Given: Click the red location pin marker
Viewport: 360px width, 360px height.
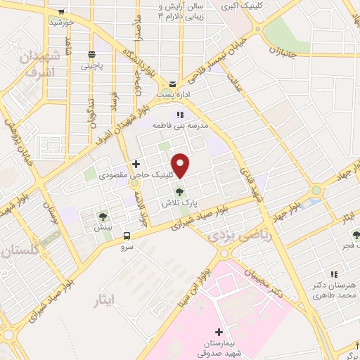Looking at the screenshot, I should pos(181,165).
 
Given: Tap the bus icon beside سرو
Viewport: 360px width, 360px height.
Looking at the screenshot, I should pos(127,236).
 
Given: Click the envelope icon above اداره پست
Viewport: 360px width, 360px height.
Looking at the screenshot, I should pos(172,84).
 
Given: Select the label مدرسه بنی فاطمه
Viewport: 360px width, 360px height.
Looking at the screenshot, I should pos(179,124).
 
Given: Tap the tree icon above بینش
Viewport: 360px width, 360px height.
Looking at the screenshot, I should pos(103,217).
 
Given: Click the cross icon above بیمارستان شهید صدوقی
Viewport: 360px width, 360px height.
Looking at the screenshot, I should pos(219,331).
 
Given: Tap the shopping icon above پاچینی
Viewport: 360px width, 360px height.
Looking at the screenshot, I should pos(91,55).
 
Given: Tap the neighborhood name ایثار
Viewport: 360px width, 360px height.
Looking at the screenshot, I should pos(108,301).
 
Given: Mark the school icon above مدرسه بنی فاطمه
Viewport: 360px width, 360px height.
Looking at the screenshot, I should pos(179,114).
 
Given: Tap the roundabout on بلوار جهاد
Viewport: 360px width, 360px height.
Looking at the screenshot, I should pos(316,190).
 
